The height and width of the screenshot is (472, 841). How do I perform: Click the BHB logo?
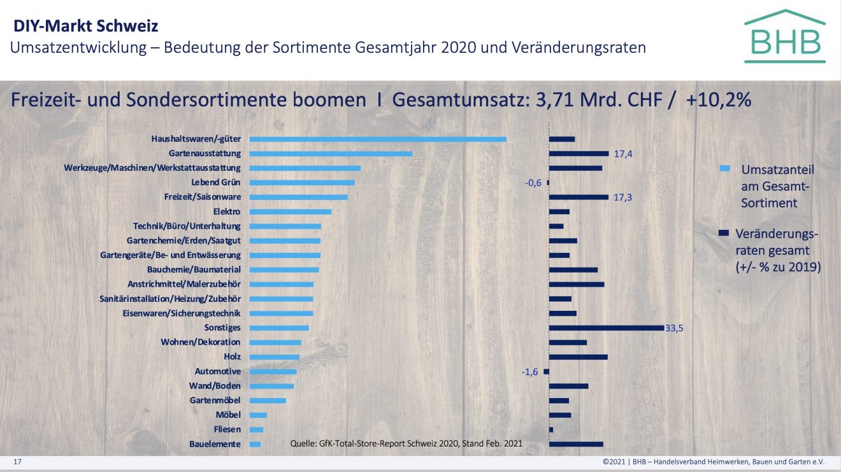(x=784, y=36)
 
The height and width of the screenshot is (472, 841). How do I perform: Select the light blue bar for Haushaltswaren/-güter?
(x=377, y=139)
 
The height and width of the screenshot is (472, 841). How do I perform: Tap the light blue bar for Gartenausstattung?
(x=331, y=154)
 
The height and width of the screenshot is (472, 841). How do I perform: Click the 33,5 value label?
(x=674, y=328)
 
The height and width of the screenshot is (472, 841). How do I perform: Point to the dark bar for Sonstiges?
(x=606, y=328)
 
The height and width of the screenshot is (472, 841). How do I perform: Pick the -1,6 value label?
(x=530, y=372)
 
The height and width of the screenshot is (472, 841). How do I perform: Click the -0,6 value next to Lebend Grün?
(x=533, y=183)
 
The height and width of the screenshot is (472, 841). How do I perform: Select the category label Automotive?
(x=218, y=371)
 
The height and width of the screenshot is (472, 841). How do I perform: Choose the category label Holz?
(x=232, y=357)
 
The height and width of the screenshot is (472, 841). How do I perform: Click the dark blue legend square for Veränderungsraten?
(x=723, y=233)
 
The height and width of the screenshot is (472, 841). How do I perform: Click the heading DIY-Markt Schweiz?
(x=86, y=26)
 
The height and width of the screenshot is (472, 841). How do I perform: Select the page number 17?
(x=18, y=461)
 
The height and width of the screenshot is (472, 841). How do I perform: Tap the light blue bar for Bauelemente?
(x=255, y=444)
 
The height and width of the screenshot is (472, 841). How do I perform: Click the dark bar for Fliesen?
(x=551, y=429)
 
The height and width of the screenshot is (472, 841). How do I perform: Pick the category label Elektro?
(x=227, y=211)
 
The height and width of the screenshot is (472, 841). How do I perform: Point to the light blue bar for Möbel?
(x=258, y=415)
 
